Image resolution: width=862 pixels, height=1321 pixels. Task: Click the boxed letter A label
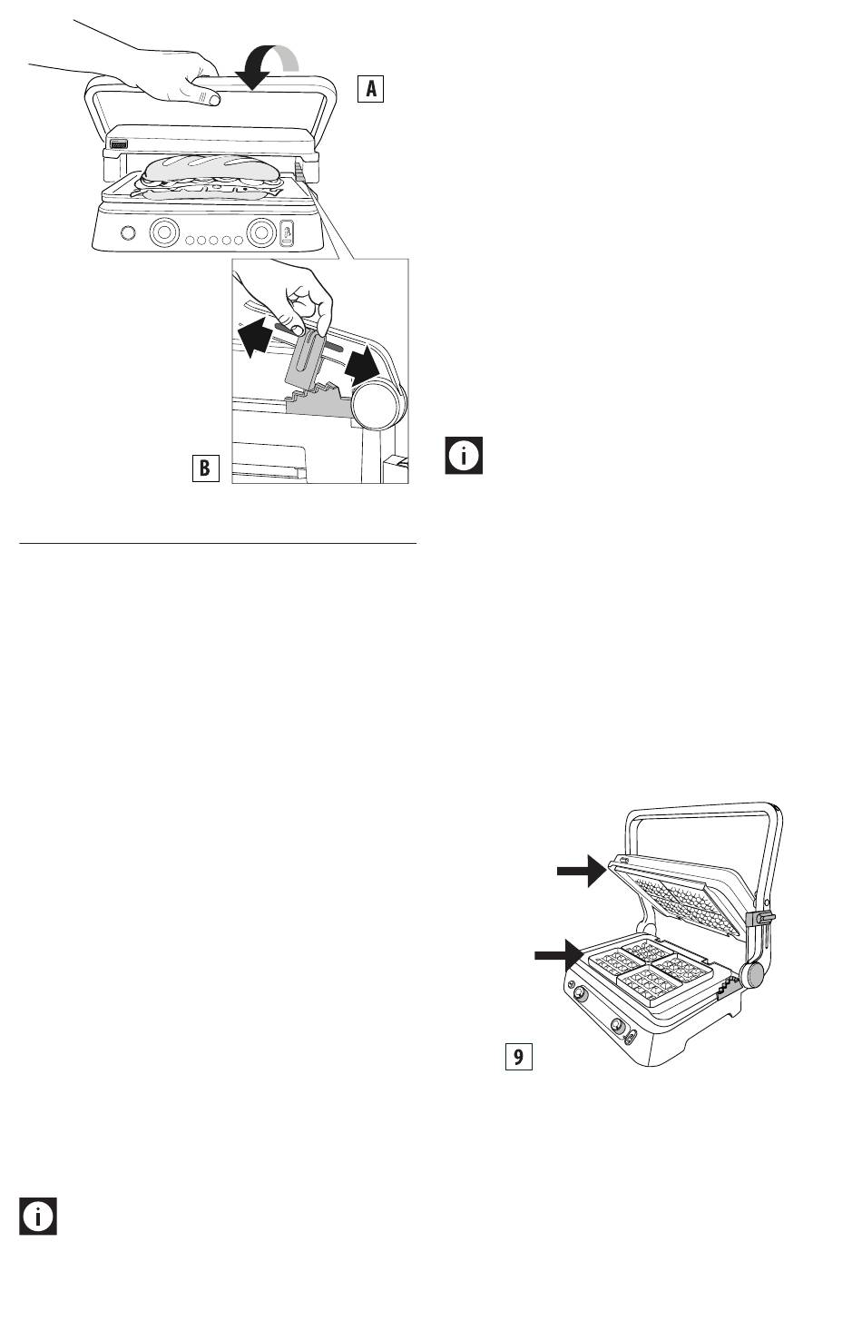pos(370,88)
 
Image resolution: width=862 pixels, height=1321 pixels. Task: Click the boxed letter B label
pos(205,468)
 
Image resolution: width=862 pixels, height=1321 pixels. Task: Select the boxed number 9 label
pos(518,1056)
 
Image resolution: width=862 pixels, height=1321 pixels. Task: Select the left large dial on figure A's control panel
pos(164,232)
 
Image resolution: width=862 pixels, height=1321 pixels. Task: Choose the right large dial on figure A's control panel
pos(261,232)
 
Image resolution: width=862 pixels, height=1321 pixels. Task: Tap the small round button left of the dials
pos(127,232)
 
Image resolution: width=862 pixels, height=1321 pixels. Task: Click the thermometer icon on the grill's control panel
pos(287,232)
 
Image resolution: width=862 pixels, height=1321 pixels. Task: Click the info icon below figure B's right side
pos(464,455)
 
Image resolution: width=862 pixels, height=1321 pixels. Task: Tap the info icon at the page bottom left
pos(38,1216)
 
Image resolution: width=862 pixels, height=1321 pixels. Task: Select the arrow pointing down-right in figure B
pos(362,364)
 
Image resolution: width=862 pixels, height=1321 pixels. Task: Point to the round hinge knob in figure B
pos(378,405)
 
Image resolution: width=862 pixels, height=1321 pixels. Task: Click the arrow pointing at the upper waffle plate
pos(582,870)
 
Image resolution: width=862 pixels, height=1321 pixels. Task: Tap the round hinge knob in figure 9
pos(751,974)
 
